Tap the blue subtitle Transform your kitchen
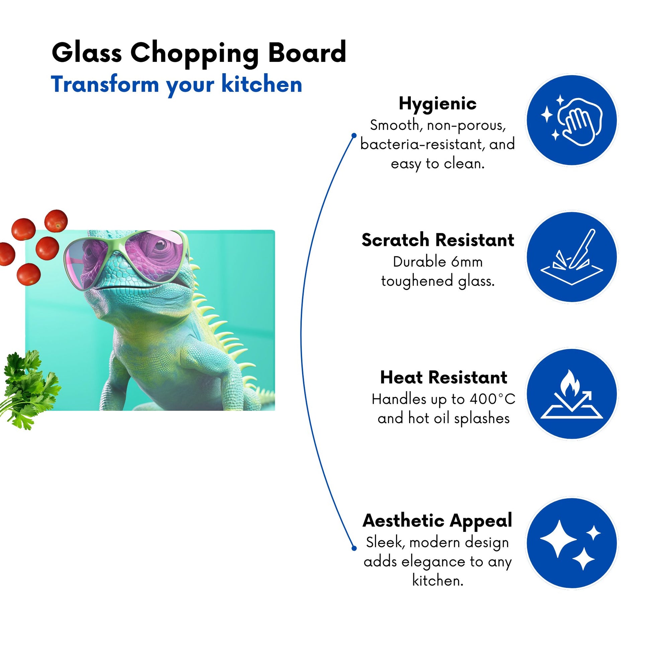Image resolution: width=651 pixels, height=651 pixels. tap(176, 85)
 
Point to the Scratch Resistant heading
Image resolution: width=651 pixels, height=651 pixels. tap(438, 240)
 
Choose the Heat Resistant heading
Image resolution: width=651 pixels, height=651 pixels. tap(444, 377)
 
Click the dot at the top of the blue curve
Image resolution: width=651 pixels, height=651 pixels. tap(354, 135)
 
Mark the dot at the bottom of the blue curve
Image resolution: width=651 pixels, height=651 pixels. tap(354, 548)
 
